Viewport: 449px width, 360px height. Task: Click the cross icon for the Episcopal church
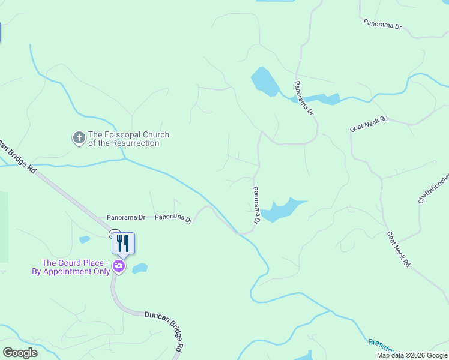point(79,139)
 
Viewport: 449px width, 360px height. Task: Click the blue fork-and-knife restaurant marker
point(123,243)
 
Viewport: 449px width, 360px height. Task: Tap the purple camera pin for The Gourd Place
point(119,266)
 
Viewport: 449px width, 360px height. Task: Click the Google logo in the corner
point(20,353)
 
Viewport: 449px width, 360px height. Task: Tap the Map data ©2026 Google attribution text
point(412,355)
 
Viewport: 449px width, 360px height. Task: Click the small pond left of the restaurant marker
point(85,240)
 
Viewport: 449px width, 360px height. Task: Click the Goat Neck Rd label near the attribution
point(399,249)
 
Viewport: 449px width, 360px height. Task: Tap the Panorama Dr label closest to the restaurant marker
point(126,217)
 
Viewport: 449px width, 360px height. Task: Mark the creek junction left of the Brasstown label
point(329,311)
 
